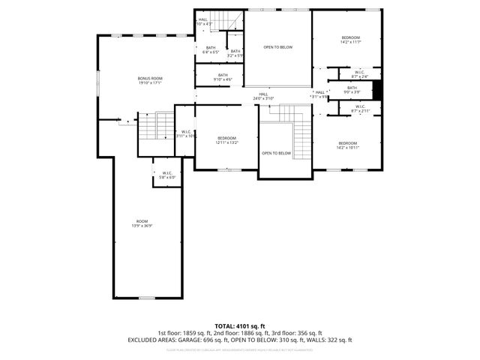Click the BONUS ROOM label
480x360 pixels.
149,78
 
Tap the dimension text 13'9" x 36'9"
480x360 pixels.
142,226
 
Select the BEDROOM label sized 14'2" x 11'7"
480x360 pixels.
351,37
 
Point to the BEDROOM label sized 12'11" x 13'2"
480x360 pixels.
227,138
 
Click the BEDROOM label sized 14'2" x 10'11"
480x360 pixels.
347,143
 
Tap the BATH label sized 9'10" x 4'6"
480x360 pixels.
223,74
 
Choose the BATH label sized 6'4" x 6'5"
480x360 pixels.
211,48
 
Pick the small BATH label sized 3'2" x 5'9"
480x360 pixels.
235,51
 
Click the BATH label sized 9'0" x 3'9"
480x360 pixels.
352,88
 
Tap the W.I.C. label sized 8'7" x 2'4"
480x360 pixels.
360,72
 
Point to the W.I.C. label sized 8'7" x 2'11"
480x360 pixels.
360,106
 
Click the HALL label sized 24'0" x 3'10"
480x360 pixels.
263,94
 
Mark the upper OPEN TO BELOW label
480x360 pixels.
277,47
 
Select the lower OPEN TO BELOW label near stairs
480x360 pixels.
276,153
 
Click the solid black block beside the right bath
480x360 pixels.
378,89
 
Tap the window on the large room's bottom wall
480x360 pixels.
147,298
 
